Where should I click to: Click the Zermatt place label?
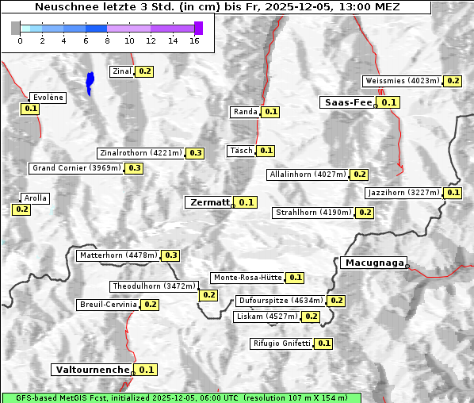[208, 202]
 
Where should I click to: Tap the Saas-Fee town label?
[346, 102]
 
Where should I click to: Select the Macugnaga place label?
[373, 263]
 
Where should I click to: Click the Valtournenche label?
[91, 370]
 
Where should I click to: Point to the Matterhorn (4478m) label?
[117, 255]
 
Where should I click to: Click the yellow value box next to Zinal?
[144, 71]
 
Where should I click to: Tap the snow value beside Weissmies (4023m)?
[453, 81]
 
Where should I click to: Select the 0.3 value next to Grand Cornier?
[134, 168]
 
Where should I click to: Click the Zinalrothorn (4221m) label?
[140, 153]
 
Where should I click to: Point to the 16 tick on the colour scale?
[194, 40]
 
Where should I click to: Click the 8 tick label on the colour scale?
[107, 40]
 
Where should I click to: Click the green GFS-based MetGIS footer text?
[182, 397]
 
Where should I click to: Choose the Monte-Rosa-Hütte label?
[247, 278]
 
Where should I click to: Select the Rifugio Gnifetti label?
[281, 344]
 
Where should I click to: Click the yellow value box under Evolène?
[31, 109]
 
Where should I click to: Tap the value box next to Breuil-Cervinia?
[150, 305]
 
